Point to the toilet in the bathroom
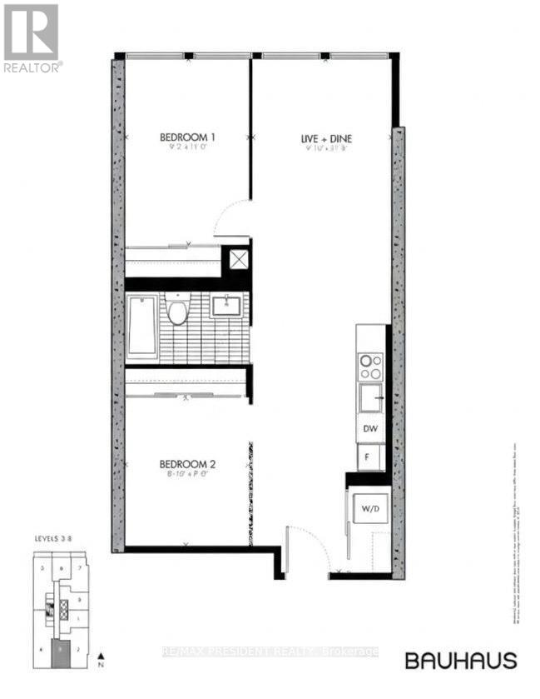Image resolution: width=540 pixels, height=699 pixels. click(176, 311)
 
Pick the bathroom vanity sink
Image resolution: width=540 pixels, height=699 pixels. click(225, 306)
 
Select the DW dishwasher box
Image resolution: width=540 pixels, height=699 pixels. click(370, 430)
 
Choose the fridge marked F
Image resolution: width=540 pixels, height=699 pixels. click(369, 457)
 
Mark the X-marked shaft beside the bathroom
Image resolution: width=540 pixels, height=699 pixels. click(239, 259)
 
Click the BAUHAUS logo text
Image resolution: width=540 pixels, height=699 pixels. click(460, 661)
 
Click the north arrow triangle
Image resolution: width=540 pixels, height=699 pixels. click(100, 655)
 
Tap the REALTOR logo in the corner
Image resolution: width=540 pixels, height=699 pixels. click(32, 37)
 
